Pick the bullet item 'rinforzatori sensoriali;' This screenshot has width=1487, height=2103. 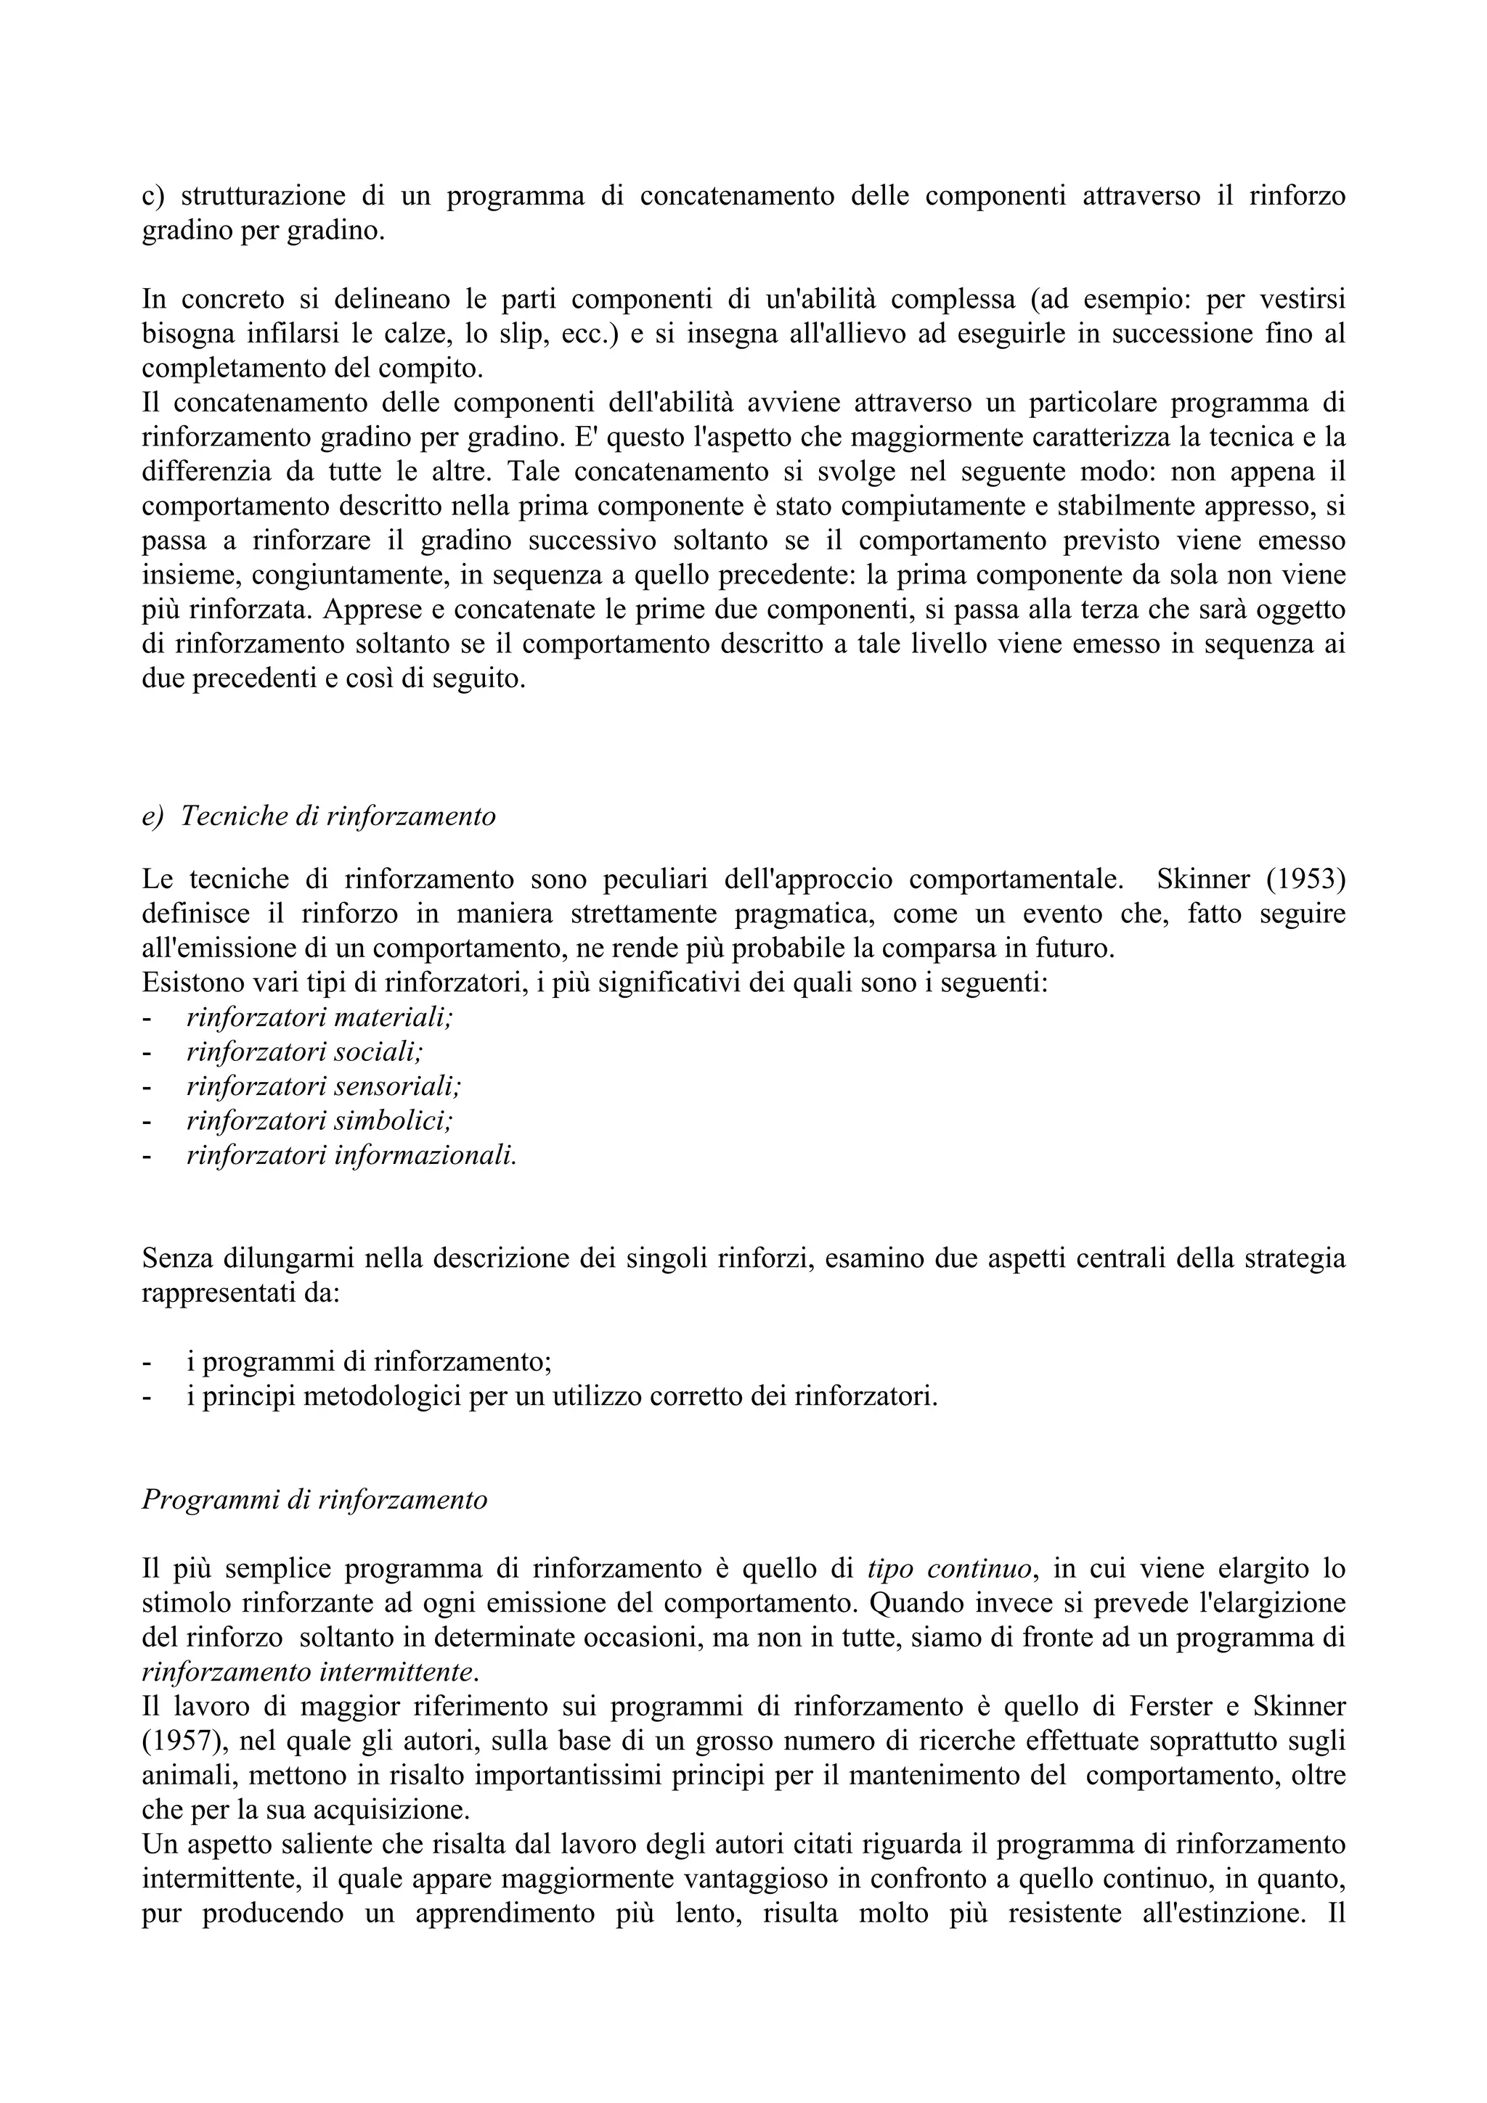pos(323,1086)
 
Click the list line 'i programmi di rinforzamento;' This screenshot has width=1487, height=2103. pos(368,1362)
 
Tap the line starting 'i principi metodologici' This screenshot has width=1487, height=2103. pos(562,1397)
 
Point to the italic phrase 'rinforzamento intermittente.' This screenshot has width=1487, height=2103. pos(310,1673)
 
